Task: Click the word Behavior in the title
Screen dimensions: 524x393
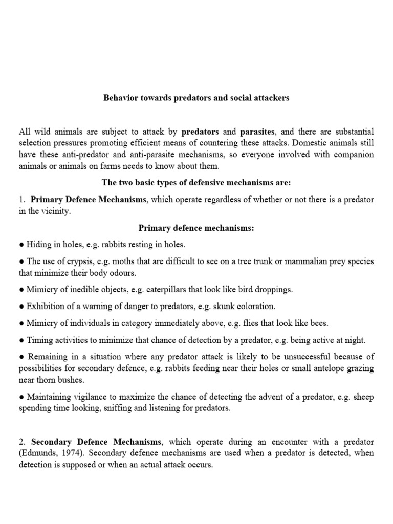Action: [119, 98]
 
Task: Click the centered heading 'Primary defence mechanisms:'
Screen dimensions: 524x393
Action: [196, 228]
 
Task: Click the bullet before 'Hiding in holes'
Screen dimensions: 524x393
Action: [21, 245]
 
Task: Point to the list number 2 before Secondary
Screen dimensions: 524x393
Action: [21, 442]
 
